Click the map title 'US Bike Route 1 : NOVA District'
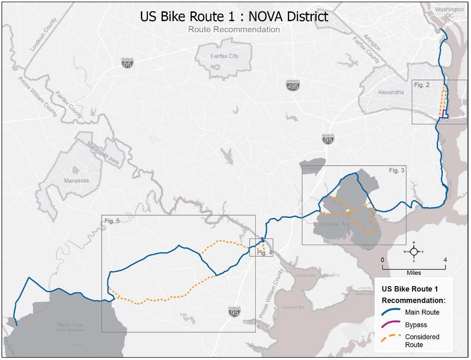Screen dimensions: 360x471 (x=234, y=16)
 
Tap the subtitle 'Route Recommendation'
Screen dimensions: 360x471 (x=234, y=29)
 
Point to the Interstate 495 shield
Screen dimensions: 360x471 (x=292, y=86)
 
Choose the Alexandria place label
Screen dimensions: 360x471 (x=391, y=92)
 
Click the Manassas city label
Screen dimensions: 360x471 (x=76, y=180)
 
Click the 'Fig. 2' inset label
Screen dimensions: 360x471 (x=422, y=85)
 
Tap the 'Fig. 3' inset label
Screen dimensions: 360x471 (x=396, y=170)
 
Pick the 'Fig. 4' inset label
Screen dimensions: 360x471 (x=265, y=253)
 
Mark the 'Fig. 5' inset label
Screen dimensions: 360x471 (x=112, y=220)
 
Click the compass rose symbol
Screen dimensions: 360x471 (x=414, y=251)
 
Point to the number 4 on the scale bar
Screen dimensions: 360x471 (x=445, y=259)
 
